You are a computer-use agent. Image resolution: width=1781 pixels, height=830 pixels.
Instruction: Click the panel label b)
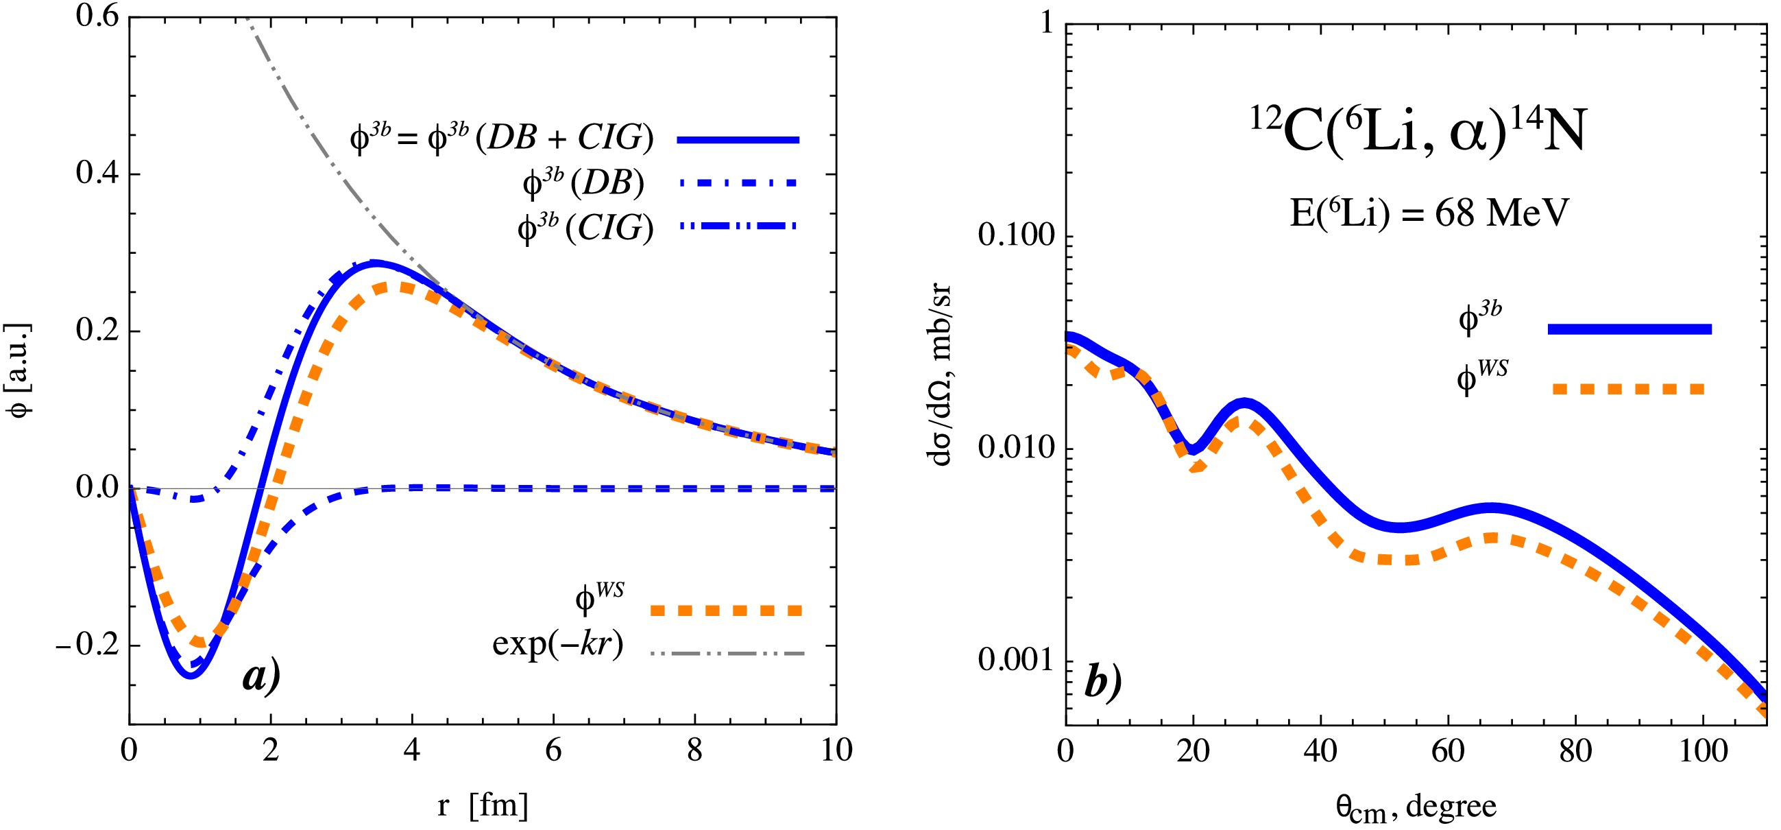pos(1102,681)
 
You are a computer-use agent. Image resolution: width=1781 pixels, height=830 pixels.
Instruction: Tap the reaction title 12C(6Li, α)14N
pos(1418,132)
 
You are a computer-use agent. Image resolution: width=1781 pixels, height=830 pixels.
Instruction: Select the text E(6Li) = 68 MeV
pos(1429,213)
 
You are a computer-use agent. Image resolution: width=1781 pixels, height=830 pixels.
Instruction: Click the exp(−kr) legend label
pos(557,644)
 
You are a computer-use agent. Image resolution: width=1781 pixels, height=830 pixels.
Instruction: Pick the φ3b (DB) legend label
pos(583,183)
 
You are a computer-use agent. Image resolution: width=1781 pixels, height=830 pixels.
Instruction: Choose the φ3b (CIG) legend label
pos(585,227)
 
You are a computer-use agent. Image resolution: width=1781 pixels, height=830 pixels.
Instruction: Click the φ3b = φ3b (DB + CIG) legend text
pos(501,139)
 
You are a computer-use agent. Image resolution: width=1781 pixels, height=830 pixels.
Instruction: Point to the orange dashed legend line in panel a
pos(726,610)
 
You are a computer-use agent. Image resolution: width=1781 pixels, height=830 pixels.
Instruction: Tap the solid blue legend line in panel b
pos(1629,329)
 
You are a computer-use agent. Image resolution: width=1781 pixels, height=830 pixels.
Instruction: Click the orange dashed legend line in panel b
pos(1629,390)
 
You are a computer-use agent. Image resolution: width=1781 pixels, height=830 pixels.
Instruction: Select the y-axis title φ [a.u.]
pos(21,370)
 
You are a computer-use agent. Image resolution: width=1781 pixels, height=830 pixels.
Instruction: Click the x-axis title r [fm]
pos(483,805)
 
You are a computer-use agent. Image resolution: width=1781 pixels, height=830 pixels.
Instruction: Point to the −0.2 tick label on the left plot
pos(87,645)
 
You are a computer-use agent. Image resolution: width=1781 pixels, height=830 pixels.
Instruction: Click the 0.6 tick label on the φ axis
pos(97,15)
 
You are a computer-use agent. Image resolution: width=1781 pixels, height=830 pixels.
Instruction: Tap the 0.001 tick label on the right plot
pos(1017,661)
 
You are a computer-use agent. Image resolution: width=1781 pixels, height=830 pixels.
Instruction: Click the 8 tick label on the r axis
pos(694,750)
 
